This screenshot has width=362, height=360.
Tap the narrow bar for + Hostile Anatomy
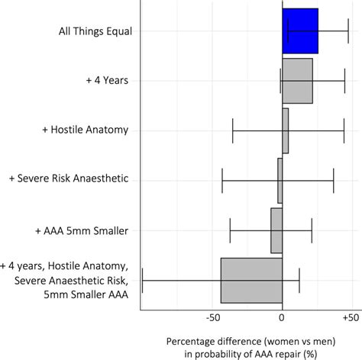[285, 130]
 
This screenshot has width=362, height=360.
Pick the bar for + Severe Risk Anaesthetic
[280, 180]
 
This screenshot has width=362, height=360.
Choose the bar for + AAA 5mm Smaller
[276, 230]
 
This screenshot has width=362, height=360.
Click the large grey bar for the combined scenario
[251, 280]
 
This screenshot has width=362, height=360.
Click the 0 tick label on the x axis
[283, 316]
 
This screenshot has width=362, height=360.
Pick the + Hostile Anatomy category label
[86, 130]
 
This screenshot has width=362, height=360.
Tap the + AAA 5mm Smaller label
[82, 230]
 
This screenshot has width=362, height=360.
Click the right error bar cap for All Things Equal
[348, 31]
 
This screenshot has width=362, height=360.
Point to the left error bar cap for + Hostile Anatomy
[233, 130]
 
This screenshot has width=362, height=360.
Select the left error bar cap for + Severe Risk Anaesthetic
[222, 180]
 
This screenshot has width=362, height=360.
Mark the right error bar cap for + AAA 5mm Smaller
[312, 230]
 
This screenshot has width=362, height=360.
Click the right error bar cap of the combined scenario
[299, 280]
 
